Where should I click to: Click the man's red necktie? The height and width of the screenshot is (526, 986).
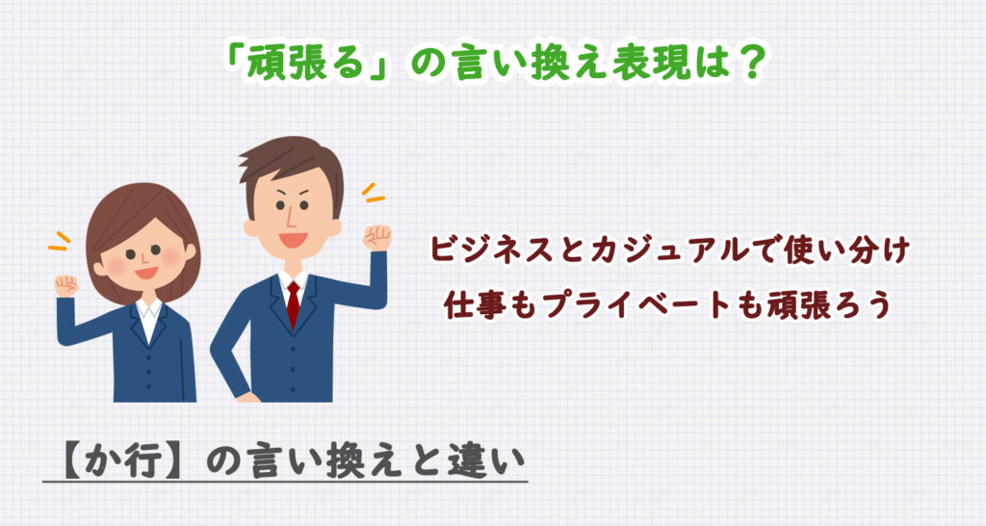click(293, 304)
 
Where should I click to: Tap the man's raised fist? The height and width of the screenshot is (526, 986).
click(377, 237)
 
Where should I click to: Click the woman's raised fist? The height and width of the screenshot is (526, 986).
click(65, 285)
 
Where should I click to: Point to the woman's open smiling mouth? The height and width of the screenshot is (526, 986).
click(146, 273)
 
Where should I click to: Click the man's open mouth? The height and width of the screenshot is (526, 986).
click(292, 239)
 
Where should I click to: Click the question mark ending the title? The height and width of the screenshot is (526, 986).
click(752, 65)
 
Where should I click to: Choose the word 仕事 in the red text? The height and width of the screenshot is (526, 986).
click(467, 303)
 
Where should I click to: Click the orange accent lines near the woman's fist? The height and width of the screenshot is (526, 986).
click(60, 240)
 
